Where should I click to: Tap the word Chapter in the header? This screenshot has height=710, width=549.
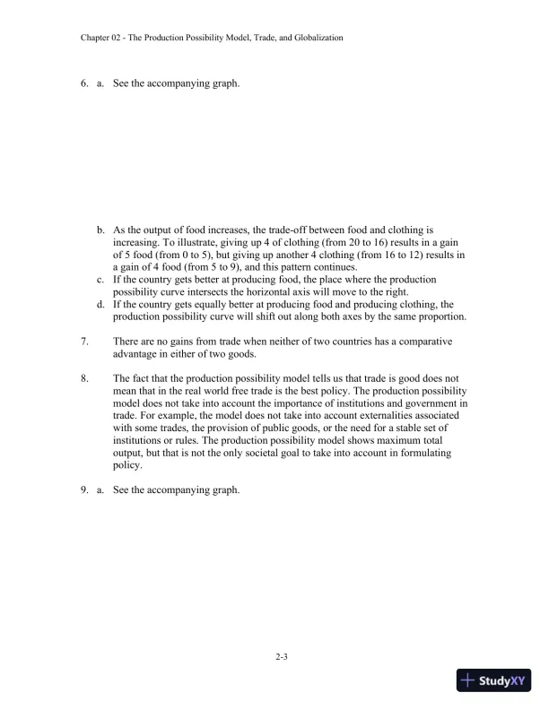click(x=96, y=38)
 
